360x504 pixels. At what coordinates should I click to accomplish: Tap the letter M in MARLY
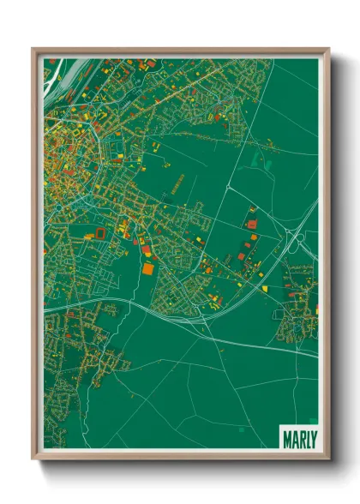pyautogui.click(x=287, y=437)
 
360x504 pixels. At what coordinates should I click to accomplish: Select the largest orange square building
pyautogui.click(x=148, y=269)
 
